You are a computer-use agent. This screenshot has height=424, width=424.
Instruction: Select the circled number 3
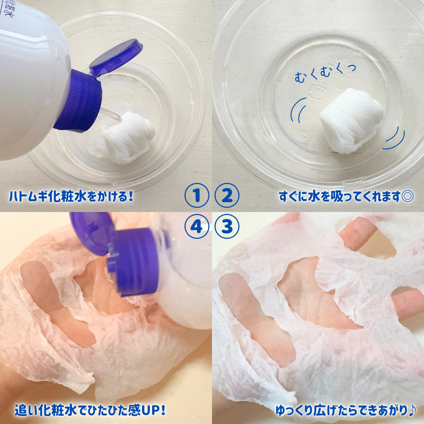tap(226, 227)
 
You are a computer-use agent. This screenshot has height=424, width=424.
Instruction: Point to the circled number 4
tap(197, 227)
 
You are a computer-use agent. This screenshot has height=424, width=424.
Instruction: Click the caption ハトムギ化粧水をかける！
tap(71, 196)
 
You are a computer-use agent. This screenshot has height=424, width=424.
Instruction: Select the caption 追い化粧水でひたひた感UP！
tap(90, 411)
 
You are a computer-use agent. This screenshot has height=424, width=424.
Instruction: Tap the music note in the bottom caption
tap(411, 411)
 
